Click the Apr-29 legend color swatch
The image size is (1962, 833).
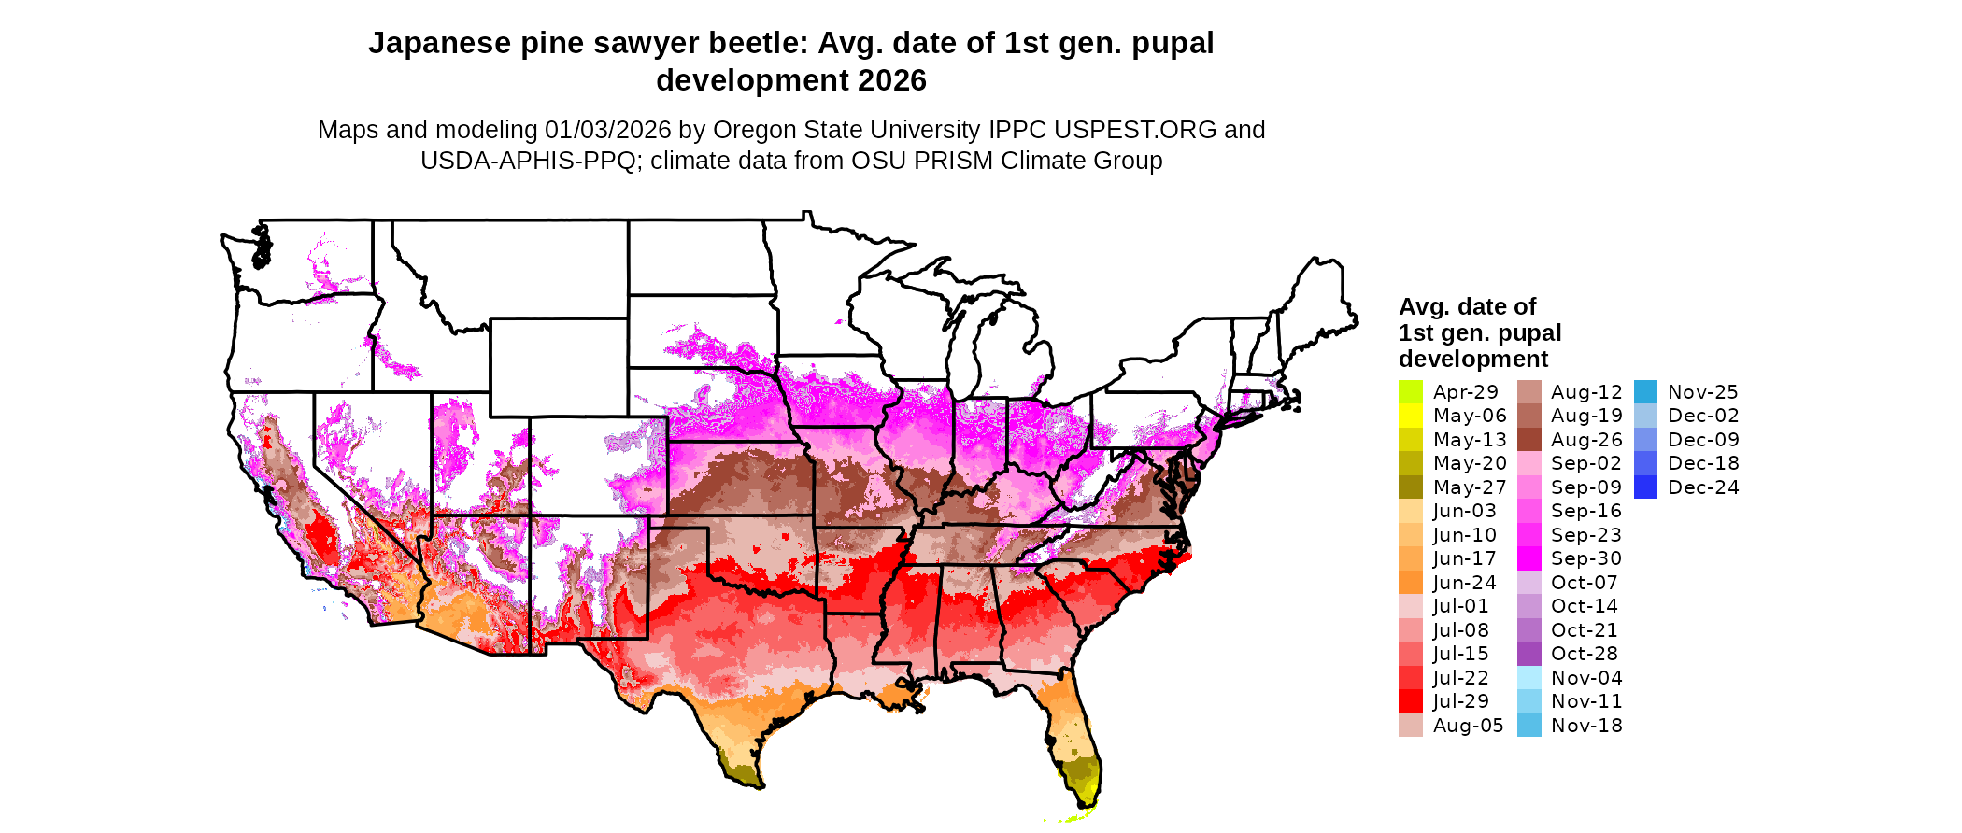tap(1410, 392)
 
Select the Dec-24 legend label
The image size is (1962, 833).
tap(1702, 487)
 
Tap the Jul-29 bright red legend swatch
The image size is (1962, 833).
tap(1410, 701)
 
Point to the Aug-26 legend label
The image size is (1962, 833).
tap(1585, 440)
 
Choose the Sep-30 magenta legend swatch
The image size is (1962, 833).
tap(1528, 558)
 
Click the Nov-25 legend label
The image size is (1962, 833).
tap(1702, 392)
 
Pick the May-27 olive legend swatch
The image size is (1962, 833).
tap(1410, 487)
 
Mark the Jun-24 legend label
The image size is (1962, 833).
tap(1464, 583)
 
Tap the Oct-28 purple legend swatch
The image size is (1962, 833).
tap(1528, 654)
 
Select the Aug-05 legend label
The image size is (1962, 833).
tap(1468, 726)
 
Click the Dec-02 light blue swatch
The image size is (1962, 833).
tap(1645, 416)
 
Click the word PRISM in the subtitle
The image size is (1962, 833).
tap(953, 161)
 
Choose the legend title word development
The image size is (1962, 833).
tap(1472, 360)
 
